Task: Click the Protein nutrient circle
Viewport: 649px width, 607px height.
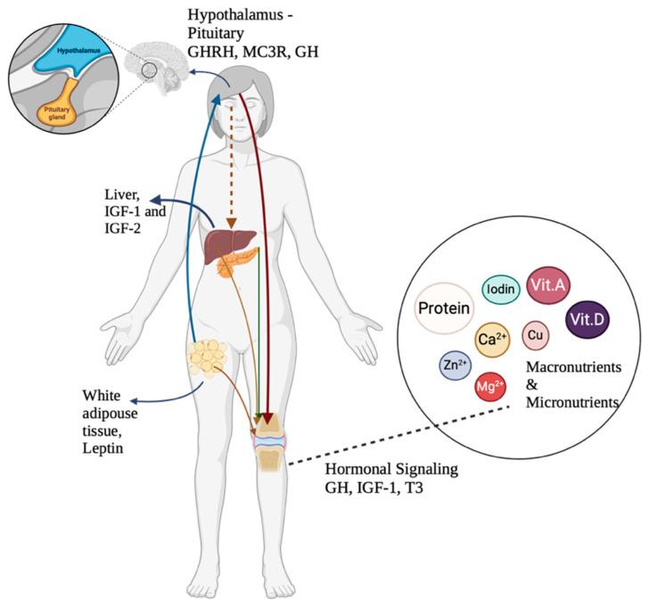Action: point(445,308)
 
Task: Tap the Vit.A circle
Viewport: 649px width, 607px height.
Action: point(549,283)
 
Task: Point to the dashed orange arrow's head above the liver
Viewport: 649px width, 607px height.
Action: point(231,224)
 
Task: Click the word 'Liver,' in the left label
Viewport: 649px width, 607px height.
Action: point(121,194)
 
